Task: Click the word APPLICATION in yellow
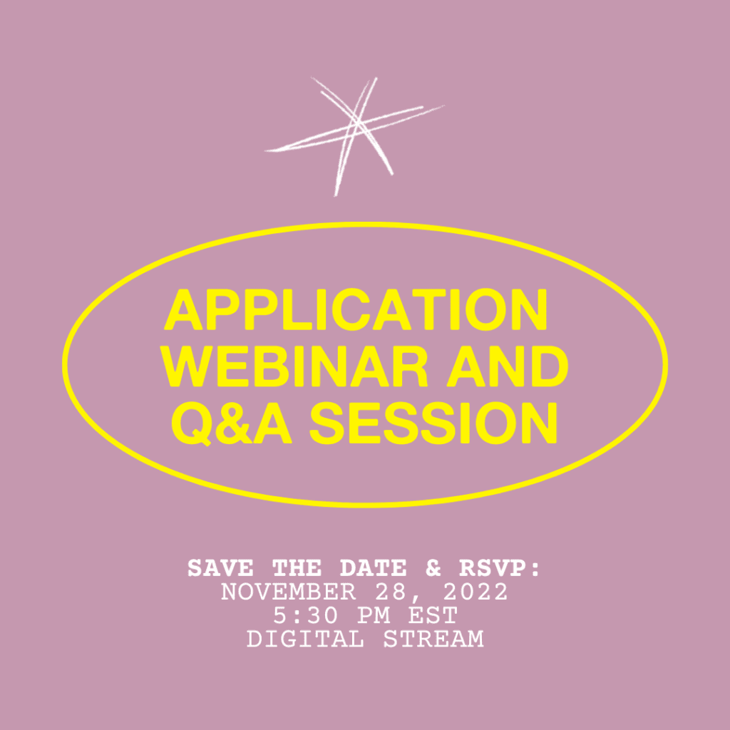click(x=356, y=309)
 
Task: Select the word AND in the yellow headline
click(x=508, y=366)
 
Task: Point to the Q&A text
click(x=232, y=423)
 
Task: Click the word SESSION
click(x=433, y=423)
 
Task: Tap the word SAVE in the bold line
click(x=220, y=569)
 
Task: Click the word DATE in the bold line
click(x=373, y=569)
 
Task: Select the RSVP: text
click(x=500, y=569)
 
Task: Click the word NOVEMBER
click(x=289, y=592)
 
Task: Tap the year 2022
click(x=475, y=592)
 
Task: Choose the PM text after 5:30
click(x=373, y=616)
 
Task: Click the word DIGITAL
click(x=305, y=639)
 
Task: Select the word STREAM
click(x=433, y=639)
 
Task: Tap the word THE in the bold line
click(x=297, y=569)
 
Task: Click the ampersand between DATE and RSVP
click(x=433, y=569)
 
